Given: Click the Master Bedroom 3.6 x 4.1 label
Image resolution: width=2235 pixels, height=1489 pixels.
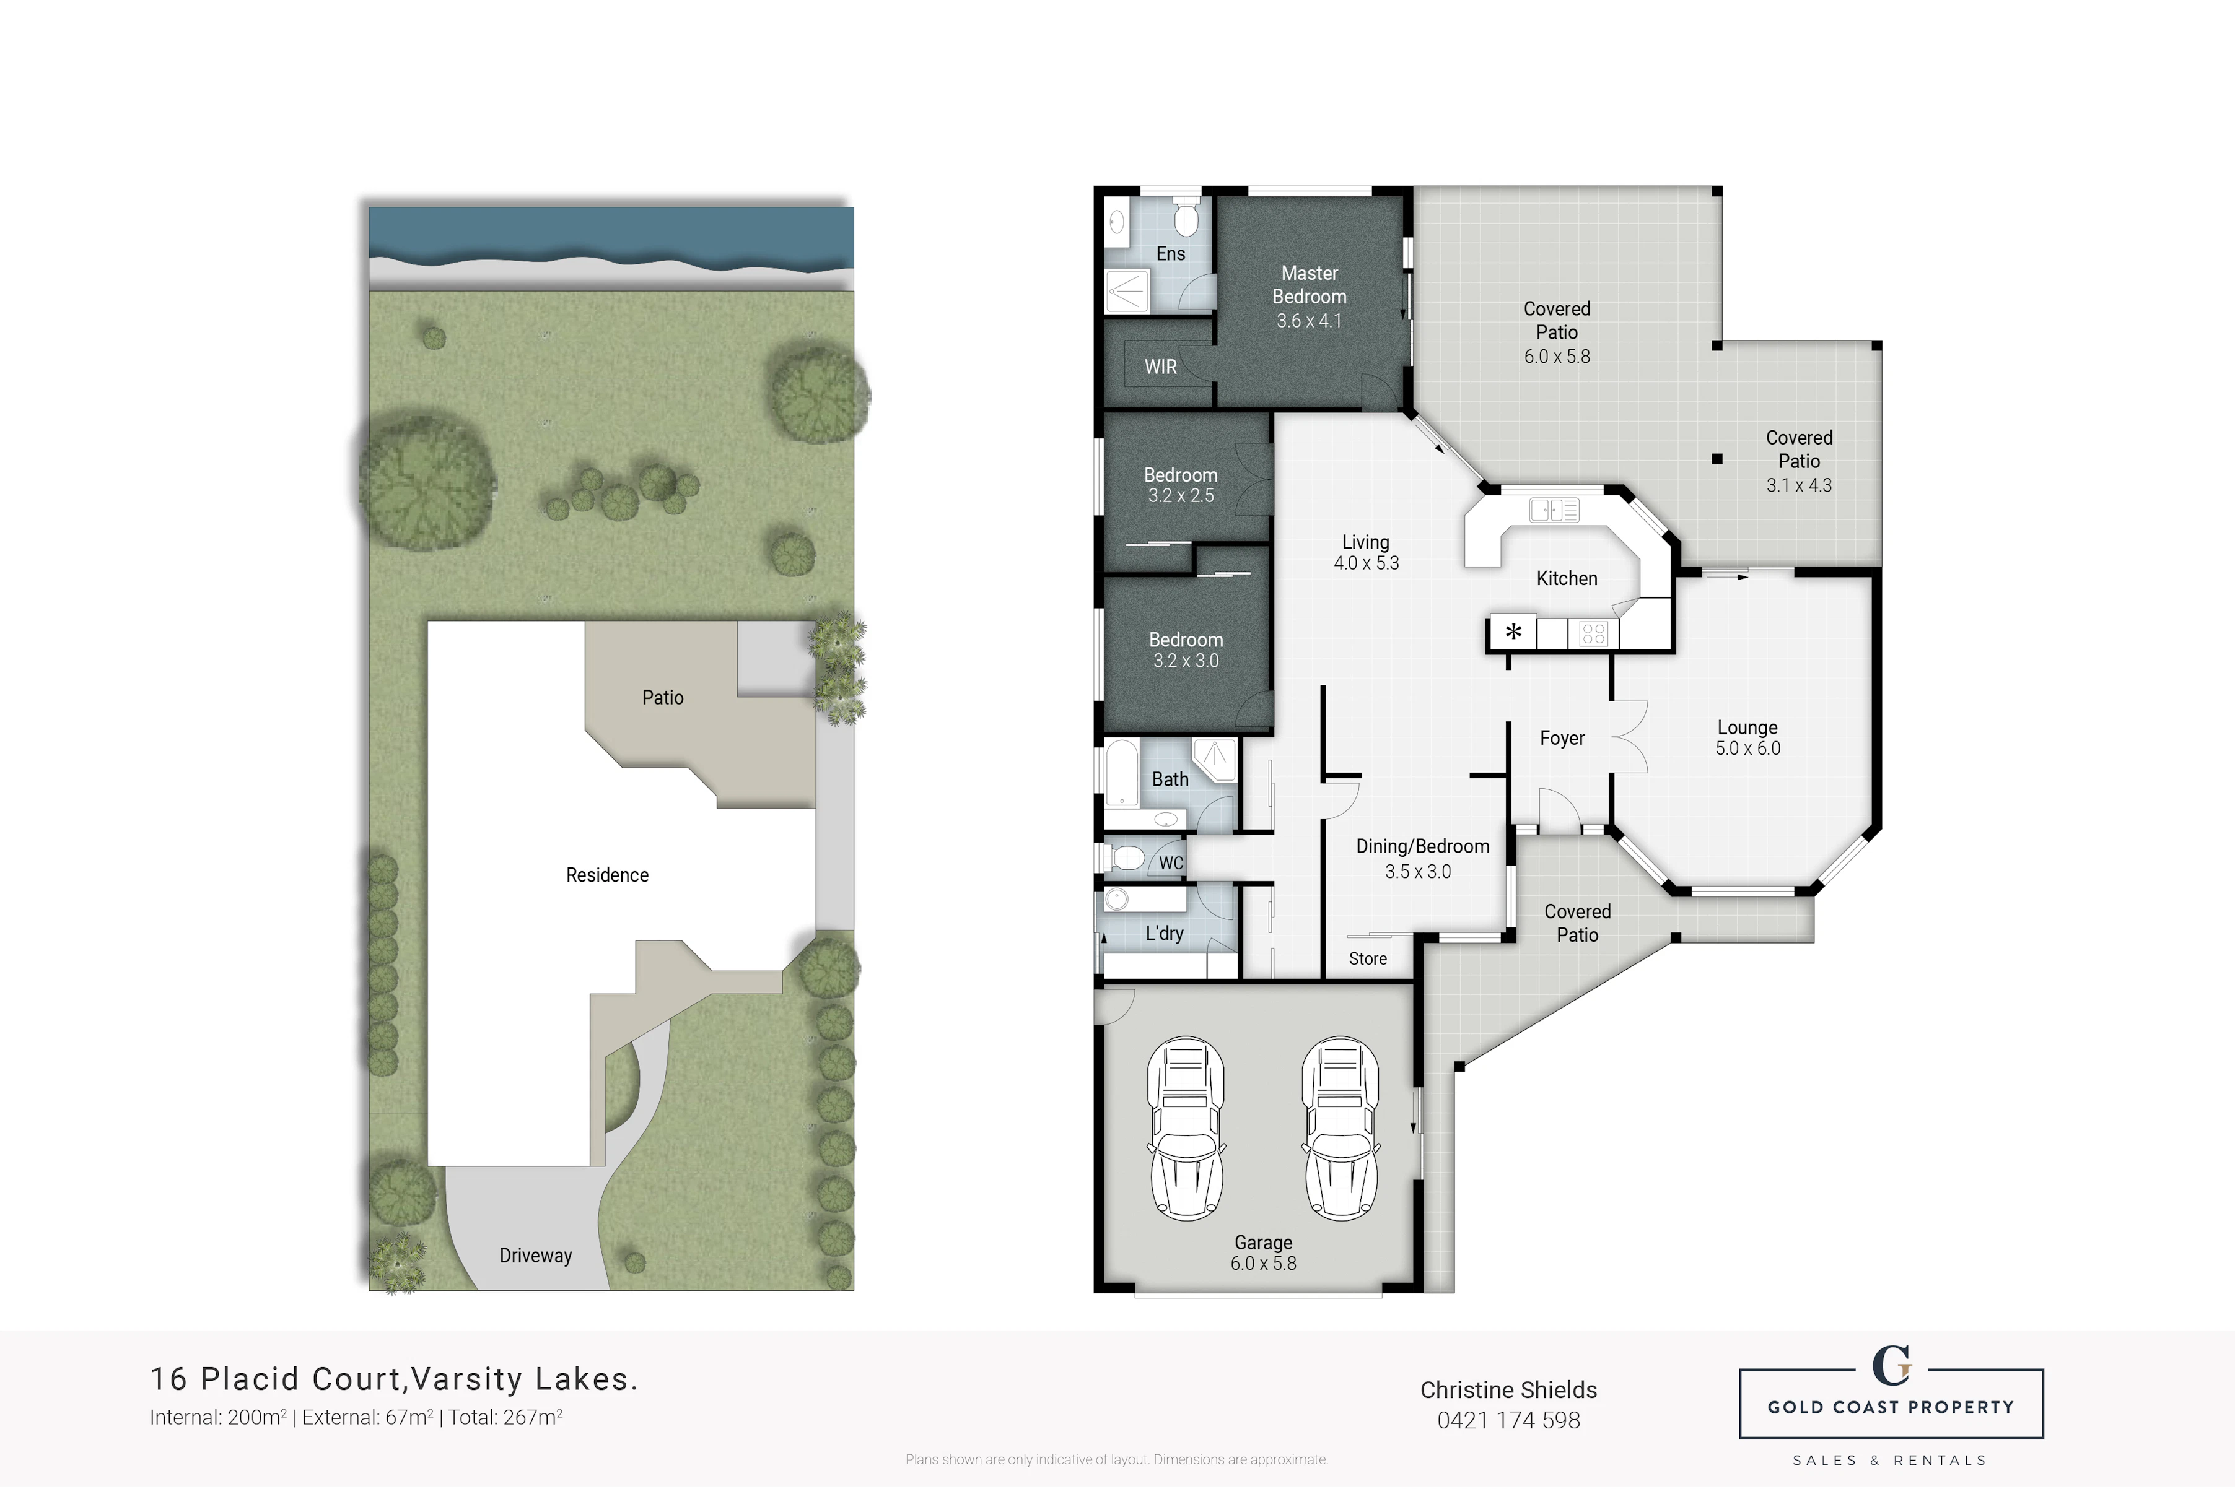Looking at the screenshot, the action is [x=1309, y=297].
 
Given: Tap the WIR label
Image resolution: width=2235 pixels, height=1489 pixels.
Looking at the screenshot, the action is [x=1160, y=367].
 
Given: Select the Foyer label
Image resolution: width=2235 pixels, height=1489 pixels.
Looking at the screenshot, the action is [x=1562, y=738].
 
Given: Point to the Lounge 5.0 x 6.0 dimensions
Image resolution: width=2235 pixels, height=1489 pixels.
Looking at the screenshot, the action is [x=1747, y=749].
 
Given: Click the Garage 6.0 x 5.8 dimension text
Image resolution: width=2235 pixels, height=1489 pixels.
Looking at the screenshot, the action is [x=1263, y=1263].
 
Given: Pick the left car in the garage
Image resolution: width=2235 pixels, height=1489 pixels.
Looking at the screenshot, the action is [x=1186, y=1128].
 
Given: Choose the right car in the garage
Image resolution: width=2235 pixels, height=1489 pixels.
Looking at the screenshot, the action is [x=1341, y=1128].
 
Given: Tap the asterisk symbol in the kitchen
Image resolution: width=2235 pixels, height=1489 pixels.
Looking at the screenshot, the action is [x=1513, y=632].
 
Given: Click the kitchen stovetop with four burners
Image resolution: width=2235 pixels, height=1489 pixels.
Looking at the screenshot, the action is [x=1593, y=633].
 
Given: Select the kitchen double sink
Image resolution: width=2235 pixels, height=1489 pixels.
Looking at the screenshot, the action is [x=1554, y=510].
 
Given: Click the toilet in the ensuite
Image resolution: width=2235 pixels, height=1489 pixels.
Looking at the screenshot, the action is [x=1186, y=217].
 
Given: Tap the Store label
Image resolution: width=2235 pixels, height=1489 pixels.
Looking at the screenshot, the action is [x=1368, y=959].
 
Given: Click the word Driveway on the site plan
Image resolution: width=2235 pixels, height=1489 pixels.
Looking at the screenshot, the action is [x=536, y=1256].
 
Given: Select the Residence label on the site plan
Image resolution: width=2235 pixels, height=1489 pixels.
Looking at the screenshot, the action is [x=607, y=875].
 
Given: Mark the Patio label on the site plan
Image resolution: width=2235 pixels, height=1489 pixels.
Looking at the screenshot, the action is [x=662, y=697].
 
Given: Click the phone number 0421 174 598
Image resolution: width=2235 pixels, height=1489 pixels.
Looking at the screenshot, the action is [x=1508, y=1421].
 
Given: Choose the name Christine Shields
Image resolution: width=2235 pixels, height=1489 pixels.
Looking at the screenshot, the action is [x=1508, y=1390].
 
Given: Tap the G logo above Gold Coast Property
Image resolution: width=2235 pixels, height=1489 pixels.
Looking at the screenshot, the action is [x=1891, y=1366].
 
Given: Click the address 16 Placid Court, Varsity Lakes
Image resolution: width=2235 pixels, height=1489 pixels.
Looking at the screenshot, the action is [x=394, y=1379].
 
